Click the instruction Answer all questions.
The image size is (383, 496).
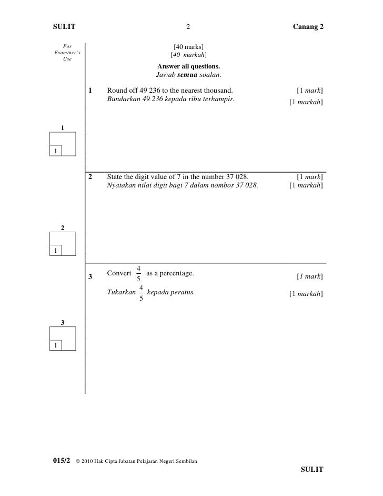tap(188, 66)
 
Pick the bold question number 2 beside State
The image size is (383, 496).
tap(91, 176)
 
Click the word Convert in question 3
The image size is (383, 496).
tap(119, 273)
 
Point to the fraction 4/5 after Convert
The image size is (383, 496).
tap(138, 273)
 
